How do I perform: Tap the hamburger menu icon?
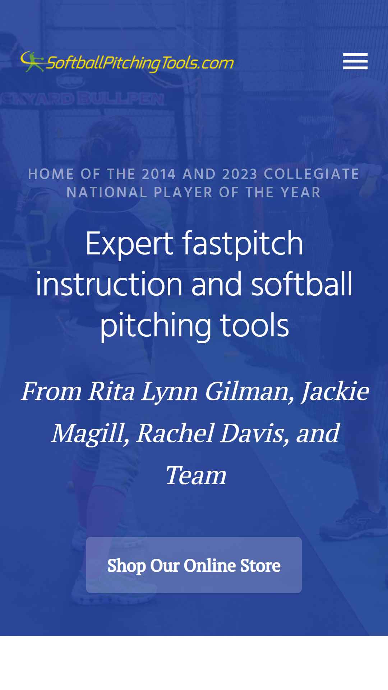[x=355, y=61]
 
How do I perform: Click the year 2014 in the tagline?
[x=159, y=174]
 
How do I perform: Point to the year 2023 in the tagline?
[x=240, y=174]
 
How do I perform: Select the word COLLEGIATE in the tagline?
[x=312, y=174]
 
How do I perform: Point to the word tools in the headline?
[x=254, y=325]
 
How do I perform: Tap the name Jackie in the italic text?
[x=335, y=392]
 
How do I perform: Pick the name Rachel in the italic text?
[x=176, y=433]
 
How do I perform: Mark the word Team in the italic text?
[x=196, y=475]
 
